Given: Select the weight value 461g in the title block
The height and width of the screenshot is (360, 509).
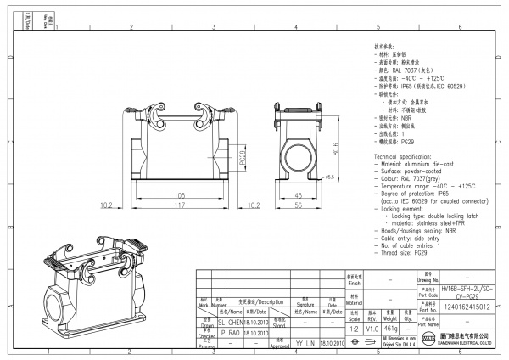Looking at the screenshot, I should click(392, 327).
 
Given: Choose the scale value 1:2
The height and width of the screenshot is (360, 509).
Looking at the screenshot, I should click(354, 327).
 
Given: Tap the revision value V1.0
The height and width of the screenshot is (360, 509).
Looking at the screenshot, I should click(372, 327).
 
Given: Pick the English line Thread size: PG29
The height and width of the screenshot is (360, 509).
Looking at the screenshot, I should click(402, 252).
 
